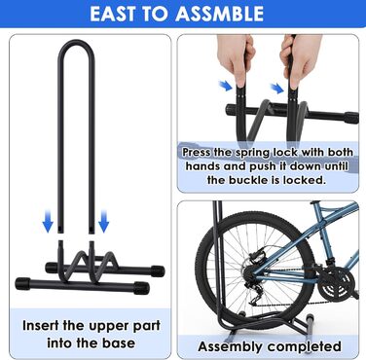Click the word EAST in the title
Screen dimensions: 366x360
click(112, 14)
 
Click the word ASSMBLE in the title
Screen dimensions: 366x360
click(220, 14)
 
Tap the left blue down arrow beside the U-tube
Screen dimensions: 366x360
click(48, 221)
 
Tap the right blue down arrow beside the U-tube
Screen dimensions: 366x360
click(104, 221)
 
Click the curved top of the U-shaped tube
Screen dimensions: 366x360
click(77, 43)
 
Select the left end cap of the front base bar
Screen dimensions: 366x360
click(23, 284)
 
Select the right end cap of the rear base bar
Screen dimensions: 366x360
click(157, 270)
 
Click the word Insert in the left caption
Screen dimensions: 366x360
click(41, 325)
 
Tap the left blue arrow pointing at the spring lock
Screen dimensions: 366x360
click(226, 86)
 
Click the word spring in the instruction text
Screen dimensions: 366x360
click(252, 153)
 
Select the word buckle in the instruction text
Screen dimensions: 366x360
click(254, 180)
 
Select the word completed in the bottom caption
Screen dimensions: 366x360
click(305, 346)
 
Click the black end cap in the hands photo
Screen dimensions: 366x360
click(351, 118)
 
